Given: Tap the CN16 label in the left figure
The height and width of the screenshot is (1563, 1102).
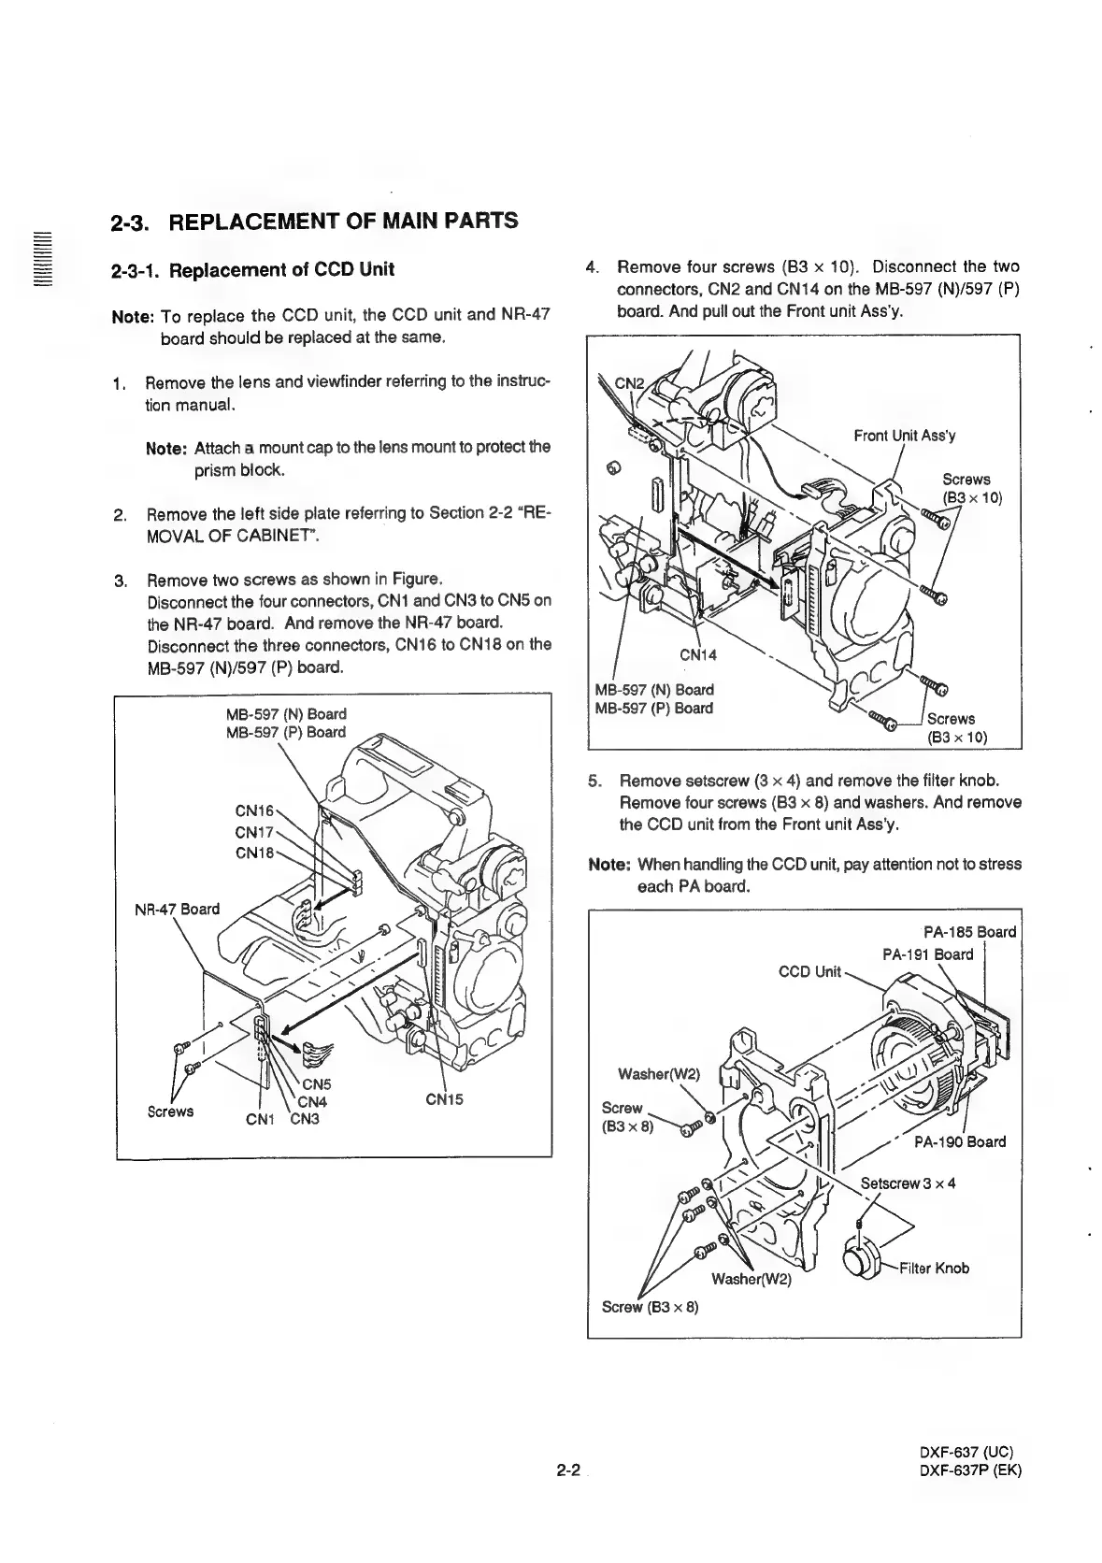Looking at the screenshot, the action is click(x=253, y=810).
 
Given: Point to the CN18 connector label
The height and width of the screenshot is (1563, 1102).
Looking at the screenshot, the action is click(x=253, y=852).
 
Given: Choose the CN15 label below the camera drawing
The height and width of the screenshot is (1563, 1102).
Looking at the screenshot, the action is click(x=445, y=1100).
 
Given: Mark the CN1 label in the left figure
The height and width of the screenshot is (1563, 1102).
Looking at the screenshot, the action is click(x=259, y=1118).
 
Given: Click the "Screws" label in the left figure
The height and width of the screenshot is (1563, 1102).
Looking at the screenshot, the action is click(x=170, y=1111).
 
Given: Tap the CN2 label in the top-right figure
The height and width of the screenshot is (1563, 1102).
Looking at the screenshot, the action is click(x=629, y=382).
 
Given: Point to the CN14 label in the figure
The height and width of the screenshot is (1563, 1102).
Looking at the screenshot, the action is click(x=698, y=654).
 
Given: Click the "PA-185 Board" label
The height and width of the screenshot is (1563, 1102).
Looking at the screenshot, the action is click(x=969, y=931).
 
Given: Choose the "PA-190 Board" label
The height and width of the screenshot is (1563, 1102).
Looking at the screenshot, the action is click(x=959, y=1141).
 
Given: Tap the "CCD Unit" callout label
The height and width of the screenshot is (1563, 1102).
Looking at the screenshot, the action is click(x=810, y=971).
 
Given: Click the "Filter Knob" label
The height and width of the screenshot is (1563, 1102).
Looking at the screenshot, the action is click(x=937, y=1268).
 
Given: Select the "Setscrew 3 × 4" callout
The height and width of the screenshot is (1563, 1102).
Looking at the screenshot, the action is click(x=908, y=1183).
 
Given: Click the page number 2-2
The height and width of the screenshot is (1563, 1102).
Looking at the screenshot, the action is click(x=567, y=1470).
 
